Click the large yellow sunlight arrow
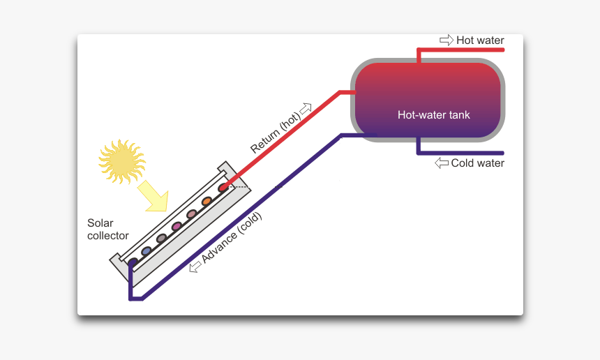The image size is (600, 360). pos(153,196)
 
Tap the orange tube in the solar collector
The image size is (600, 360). pos(207,202)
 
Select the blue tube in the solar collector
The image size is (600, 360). pos(147,250)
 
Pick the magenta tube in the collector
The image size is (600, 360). pos(177,226)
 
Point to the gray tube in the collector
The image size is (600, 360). pos(161,239)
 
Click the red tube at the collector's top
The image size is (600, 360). pos(223,188)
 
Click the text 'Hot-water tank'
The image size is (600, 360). pos(433,114)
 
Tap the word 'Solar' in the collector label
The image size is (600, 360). pos(100,223)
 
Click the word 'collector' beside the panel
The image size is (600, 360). pos(107,236)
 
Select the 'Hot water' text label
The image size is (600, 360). pos(479,40)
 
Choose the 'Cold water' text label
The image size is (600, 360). pos(477,163)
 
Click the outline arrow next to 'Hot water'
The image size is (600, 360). pos(446,40)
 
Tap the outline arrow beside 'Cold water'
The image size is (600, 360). pos(441,163)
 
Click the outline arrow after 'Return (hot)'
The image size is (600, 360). pos(305,108)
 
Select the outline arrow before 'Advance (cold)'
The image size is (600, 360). pos(194,267)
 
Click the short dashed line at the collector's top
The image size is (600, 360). pos(239,187)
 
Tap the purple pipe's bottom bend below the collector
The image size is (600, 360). pos(131,299)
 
